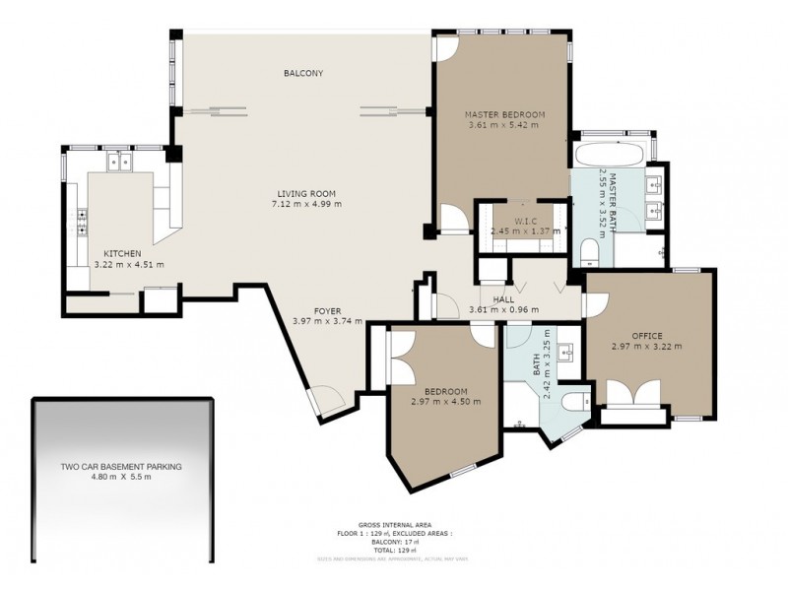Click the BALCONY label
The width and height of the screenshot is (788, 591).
[x=303, y=74]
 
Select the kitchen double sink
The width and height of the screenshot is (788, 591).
[x=121, y=160]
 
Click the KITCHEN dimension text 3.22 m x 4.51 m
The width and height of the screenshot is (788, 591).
[x=128, y=264]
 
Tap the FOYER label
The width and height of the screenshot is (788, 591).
[x=328, y=309]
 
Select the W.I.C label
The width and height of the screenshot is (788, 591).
[x=524, y=221]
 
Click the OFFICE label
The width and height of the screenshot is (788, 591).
[x=646, y=335]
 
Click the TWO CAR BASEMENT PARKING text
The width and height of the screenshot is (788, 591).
[x=121, y=468]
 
